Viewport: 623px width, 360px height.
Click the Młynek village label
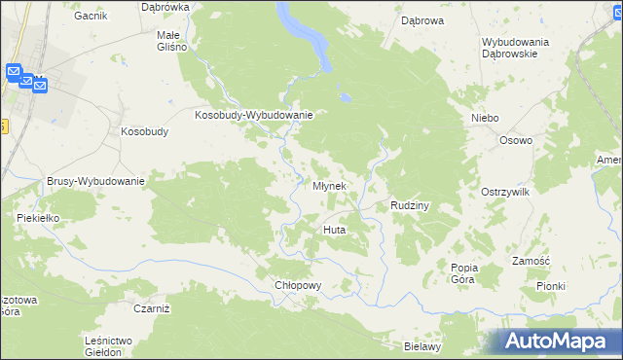pyautogui.click(x=329, y=186)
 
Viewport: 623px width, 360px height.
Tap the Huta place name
pyautogui.click(x=333, y=230)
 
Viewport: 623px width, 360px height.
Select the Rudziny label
pyautogui.click(x=410, y=205)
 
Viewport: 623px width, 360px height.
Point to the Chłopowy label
pyautogui.click(x=298, y=285)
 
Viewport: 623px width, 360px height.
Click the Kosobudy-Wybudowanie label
pyautogui.click(x=253, y=115)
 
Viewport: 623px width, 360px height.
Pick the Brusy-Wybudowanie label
pyautogui.click(x=95, y=181)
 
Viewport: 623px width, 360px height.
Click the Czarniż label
pyautogui.click(x=151, y=307)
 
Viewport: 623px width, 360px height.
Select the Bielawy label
pyautogui.click(x=423, y=345)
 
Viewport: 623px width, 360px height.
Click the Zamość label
pyautogui.click(x=531, y=261)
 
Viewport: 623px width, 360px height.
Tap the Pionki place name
pyautogui.click(x=550, y=286)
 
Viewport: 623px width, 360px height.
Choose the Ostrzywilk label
pyautogui.click(x=504, y=193)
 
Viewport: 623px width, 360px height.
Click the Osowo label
pyautogui.click(x=516, y=140)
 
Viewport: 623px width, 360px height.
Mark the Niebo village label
pyautogui.click(x=484, y=118)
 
